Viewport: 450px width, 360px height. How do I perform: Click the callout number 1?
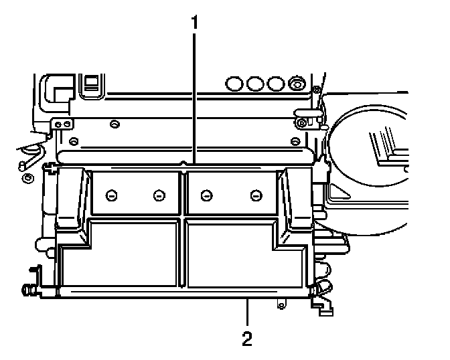pyautogui.click(x=195, y=21)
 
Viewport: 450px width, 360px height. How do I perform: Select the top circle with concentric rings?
pyautogui.click(x=296, y=84)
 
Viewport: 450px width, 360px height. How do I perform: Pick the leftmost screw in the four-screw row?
pyautogui.click(x=112, y=195)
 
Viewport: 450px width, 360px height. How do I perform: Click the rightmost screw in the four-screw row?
pyautogui.click(x=256, y=195)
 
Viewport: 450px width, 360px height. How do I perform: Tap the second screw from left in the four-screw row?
pyautogui.click(x=159, y=195)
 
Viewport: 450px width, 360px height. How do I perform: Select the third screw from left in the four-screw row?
pyautogui.click(x=208, y=195)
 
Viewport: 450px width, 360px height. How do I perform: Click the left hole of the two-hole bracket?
pyautogui.click(x=58, y=124)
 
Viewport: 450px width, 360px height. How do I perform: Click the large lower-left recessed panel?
pyautogui.click(x=121, y=258)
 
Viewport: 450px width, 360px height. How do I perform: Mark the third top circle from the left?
pyautogui.click(x=276, y=84)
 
